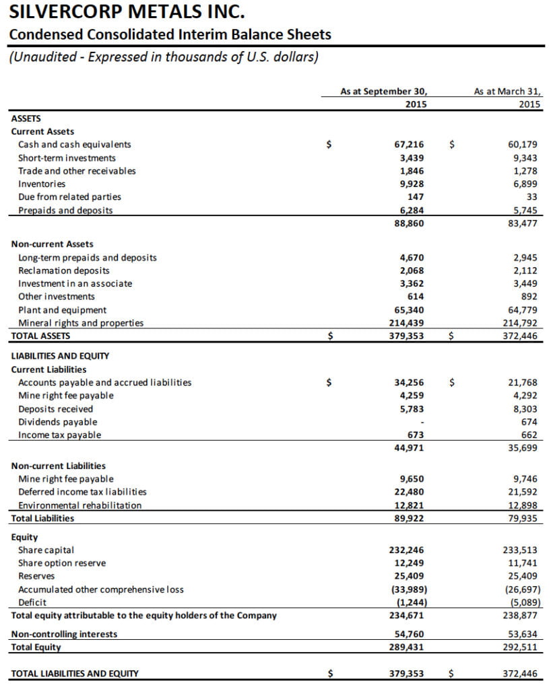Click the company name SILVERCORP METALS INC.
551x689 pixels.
click(x=127, y=13)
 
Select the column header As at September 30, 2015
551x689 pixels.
click(x=383, y=98)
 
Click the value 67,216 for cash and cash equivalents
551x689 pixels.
click(x=409, y=145)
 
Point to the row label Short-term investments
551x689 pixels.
click(x=67, y=157)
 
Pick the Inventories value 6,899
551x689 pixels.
click(x=523, y=184)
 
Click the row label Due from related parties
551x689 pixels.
click(x=69, y=197)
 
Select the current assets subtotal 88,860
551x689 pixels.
click(x=409, y=223)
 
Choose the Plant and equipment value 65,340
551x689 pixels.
click(x=409, y=310)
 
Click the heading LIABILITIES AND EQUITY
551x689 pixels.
click(x=60, y=355)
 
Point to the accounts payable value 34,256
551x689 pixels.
click(x=409, y=383)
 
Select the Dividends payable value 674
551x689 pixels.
click(x=529, y=422)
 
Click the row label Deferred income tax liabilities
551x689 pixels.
click(x=82, y=492)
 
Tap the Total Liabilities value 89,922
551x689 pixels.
click(x=409, y=518)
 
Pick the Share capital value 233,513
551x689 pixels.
click(x=521, y=550)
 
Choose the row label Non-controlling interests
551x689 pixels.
click(x=64, y=634)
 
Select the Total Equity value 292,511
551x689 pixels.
click(x=521, y=647)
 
